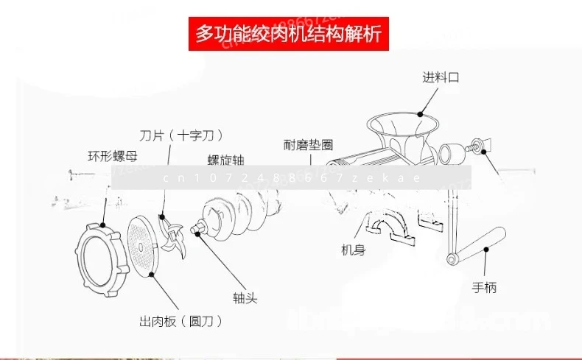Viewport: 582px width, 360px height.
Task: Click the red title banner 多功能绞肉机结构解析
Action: pyautogui.click(x=290, y=33)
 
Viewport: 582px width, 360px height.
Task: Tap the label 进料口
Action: pyautogui.click(x=441, y=77)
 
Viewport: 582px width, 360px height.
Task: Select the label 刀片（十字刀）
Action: pyautogui.click(x=181, y=135)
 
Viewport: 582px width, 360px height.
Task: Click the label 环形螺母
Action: pyautogui.click(x=112, y=155)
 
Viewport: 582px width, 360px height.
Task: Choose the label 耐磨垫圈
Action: pyautogui.click(x=308, y=145)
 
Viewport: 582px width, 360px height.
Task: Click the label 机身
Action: pyautogui.click(x=353, y=250)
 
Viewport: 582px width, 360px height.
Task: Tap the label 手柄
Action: pyautogui.click(x=484, y=287)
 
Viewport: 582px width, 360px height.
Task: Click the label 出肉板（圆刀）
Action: pyautogui.click(x=180, y=321)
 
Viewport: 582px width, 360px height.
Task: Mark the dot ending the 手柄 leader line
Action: pyautogui.click(x=486, y=249)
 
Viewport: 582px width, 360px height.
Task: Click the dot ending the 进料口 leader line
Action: pyautogui.click(x=420, y=113)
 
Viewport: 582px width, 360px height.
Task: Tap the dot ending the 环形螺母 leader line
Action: pyautogui.click(x=104, y=226)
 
